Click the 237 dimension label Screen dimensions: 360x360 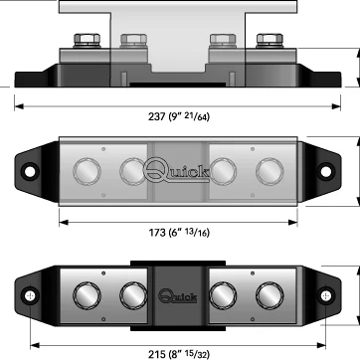click(179, 116)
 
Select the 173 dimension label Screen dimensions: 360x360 click(179, 233)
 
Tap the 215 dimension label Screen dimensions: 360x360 click(179, 354)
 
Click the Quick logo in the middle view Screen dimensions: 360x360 click(177, 170)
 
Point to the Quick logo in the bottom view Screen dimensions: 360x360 click(178, 295)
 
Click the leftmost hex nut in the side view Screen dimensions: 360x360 click(87, 41)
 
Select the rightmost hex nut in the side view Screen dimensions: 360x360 click(270, 41)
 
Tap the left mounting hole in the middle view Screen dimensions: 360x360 click(30, 171)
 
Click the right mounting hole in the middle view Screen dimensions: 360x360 click(325, 171)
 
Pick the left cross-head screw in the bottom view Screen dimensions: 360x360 click(30, 295)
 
